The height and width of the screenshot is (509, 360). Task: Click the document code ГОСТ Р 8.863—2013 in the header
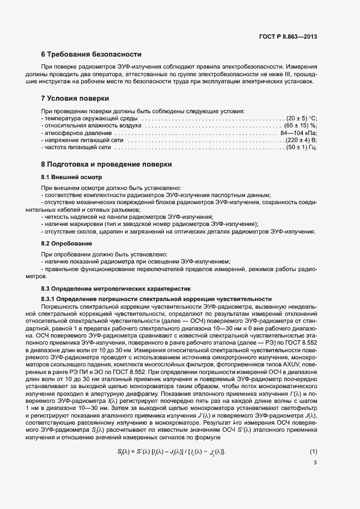pyautogui.click(x=287, y=36)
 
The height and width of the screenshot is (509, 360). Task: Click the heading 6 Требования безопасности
pyautogui.click(x=91, y=54)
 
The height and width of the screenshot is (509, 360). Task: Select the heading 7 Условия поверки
pyautogui.click(x=75, y=99)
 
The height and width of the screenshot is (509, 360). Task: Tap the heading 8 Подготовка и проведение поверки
pyautogui.click(x=107, y=164)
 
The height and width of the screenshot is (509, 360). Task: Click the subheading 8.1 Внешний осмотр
pyautogui.click(x=71, y=178)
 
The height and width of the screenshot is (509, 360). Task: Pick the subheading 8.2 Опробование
pyautogui.click(x=66, y=243)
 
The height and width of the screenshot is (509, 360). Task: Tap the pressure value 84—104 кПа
pyautogui.click(x=298, y=133)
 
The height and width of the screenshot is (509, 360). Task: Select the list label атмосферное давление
pyautogui.click(x=78, y=133)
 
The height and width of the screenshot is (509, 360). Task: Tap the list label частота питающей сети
pyautogui.click(x=77, y=147)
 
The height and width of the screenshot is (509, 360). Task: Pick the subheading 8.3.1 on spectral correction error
pyautogui.click(x=156, y=299)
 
